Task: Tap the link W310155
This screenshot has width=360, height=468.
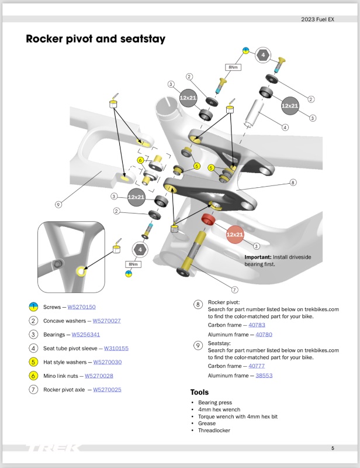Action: click(116, 348)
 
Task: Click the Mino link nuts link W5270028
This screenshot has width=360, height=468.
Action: click(99, 376)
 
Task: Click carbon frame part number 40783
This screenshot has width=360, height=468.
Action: click(257, 325)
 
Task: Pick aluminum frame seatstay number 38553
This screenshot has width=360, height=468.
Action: click(264, 376)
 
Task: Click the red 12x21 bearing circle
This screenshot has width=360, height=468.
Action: click(234, 235)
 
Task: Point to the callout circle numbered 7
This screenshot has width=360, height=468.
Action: click(234, 289)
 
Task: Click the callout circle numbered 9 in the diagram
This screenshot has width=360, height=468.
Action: click(58, 205)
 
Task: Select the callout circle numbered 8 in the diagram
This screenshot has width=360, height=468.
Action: click(293, 183)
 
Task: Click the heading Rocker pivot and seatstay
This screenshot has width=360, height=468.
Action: click(96, 39)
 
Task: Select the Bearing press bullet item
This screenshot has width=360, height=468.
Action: click(215, 403)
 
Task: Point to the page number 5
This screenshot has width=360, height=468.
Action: click(333, 449)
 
